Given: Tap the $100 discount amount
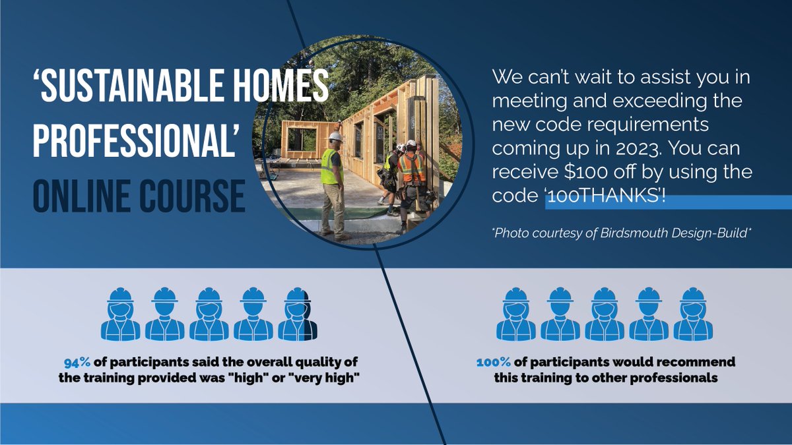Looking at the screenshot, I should click(584, 172).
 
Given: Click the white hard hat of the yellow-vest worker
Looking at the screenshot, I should click(336, 136).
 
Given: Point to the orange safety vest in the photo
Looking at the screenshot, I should click(412, 168).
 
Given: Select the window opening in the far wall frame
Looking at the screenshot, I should click(301, 139).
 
